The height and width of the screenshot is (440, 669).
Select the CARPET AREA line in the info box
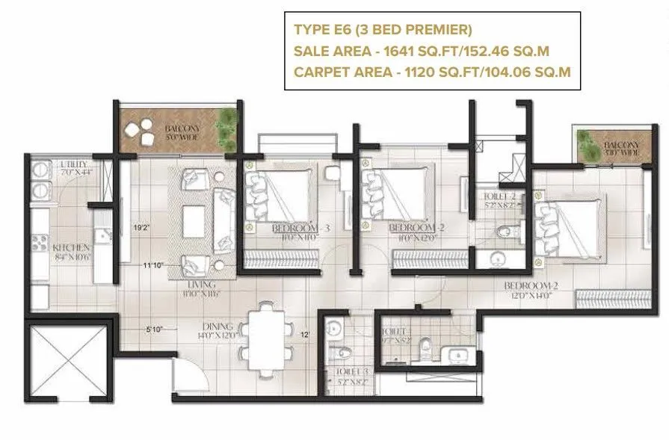click(x=432, y=72)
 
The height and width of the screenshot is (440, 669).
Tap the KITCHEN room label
click(x=72, y=248)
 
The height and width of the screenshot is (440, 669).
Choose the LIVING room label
click(x=202, y=285)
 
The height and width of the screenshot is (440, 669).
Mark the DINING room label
click(x=217, y=326)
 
